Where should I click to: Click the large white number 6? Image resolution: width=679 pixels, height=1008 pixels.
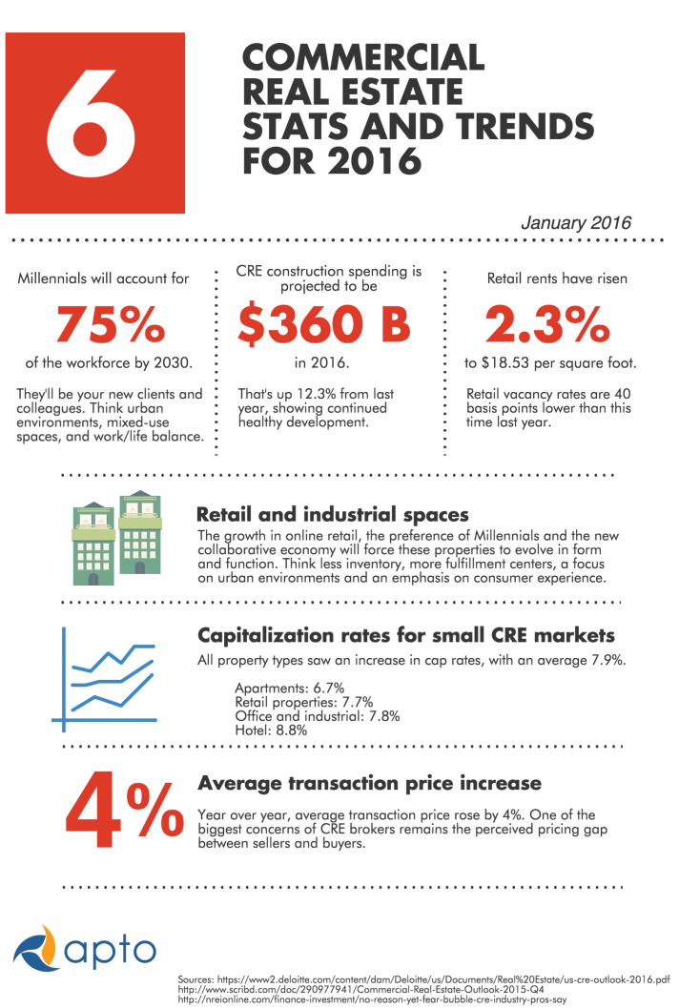(x=94, y=122)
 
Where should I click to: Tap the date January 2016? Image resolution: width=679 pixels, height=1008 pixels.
(x=576, y=223)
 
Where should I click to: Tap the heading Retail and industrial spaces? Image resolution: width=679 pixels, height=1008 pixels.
(x=332, y=515)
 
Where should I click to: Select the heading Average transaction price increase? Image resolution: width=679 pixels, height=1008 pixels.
(x=369, y=784)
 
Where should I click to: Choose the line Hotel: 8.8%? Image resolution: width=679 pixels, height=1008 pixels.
(x=271, y=730)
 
